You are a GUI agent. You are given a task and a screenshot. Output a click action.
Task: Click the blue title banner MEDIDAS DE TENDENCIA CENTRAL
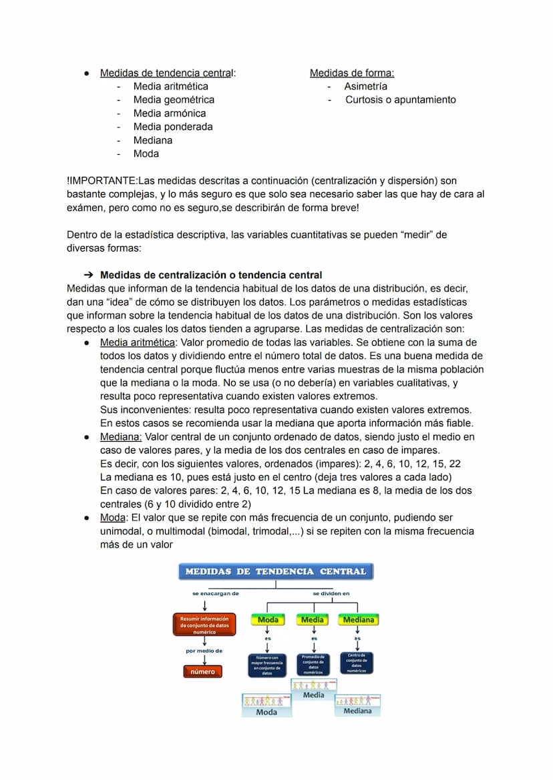click(276, 571)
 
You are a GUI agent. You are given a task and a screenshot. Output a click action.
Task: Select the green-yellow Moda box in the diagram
click(268, 620)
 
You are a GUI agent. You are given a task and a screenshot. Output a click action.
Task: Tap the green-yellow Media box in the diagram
click(313, 620)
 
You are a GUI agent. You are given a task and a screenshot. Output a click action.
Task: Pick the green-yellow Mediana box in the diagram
click(358, 620)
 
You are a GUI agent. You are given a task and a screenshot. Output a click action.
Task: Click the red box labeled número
click(202, 671)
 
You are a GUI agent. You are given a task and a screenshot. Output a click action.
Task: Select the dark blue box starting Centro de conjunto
click(357, 663)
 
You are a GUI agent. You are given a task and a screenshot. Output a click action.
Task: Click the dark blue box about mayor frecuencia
click(267, 665)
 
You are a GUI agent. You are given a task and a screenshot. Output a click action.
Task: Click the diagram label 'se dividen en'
click(331, 593)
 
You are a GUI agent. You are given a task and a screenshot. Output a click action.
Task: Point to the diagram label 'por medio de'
click(204, 651)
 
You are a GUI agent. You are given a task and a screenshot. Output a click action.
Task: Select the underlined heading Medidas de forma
click(352, 73)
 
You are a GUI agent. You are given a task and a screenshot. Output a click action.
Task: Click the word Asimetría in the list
click(365, 86)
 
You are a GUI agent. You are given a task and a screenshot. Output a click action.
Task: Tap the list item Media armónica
click(170, 113)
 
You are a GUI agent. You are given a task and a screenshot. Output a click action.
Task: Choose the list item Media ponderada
click(173, 127)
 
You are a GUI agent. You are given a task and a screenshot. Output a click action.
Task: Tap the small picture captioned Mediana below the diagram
click(357, 705)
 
